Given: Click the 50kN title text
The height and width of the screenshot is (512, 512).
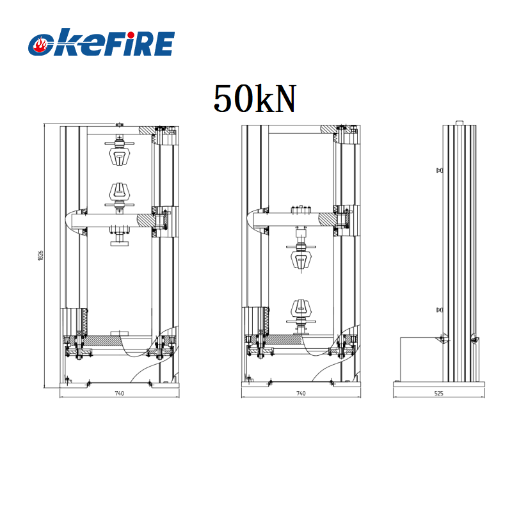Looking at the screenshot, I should pos(255,99).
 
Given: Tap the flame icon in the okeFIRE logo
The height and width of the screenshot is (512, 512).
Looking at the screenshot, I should pos(42,45).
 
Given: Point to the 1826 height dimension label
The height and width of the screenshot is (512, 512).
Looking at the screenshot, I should pos(40,255).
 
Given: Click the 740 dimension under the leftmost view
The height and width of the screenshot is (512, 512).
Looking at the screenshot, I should pos(118,394).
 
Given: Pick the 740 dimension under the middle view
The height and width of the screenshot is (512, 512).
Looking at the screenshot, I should pos(301,394).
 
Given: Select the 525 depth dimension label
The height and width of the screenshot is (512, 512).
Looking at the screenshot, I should pos(438,394).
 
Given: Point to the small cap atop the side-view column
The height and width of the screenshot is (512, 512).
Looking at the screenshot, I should pos(459,123).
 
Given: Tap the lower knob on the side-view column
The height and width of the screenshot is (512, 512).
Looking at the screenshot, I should pos(439,310).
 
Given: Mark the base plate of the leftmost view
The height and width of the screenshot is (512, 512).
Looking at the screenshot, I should pos(118,384).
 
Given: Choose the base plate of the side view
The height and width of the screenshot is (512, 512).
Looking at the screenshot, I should pos(438,384).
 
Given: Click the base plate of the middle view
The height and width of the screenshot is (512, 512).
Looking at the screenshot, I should pos(301,384).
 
